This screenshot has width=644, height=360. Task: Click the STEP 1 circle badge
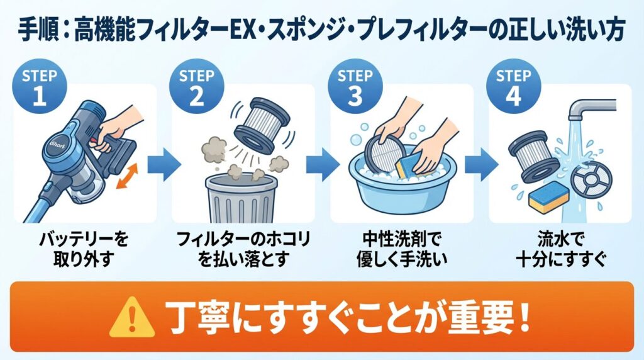(40, 86)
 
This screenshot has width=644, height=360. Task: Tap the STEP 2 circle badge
(197, 86)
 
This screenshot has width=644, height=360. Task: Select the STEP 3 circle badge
(355, 86)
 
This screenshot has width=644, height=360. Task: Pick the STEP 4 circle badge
(513, 86)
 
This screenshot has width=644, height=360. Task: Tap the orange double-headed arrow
(127, 176)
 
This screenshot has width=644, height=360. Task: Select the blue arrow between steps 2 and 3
(323, 164)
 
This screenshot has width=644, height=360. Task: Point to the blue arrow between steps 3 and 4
(481, 164)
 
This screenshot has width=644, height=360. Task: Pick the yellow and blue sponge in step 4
(548, 197)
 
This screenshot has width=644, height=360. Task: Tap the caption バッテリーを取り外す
(84, 249)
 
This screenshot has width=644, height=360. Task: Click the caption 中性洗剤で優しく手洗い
(401, 249)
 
